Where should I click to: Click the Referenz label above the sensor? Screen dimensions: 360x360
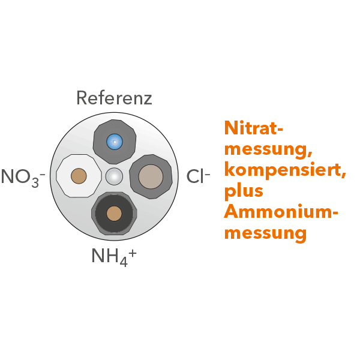[x=114, y=98]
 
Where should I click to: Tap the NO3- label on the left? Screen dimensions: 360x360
[x=23, y=178]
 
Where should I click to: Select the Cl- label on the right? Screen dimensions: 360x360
[x=198, y=176]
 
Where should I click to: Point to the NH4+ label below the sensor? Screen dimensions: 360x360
[x=114, y=257]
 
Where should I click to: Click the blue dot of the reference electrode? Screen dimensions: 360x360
[x=115, y=142]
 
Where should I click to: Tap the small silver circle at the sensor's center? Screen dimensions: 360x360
[x=114, y=176]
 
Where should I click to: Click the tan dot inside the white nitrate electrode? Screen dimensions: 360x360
[x=79, y=176]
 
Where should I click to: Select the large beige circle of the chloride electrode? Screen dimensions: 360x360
[x=151, y=177]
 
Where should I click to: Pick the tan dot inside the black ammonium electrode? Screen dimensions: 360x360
[x=114, y=214]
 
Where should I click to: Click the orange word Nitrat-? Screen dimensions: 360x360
[x=253, y=128]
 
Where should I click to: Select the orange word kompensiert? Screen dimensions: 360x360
[x=285, y=170]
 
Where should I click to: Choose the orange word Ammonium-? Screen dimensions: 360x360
[x=281, y=211]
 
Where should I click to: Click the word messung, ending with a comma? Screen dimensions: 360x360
[x=268, y=150]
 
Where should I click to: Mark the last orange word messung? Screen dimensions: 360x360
[x=265, y=234]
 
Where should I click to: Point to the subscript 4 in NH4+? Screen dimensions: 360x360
[x=124, y=262]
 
